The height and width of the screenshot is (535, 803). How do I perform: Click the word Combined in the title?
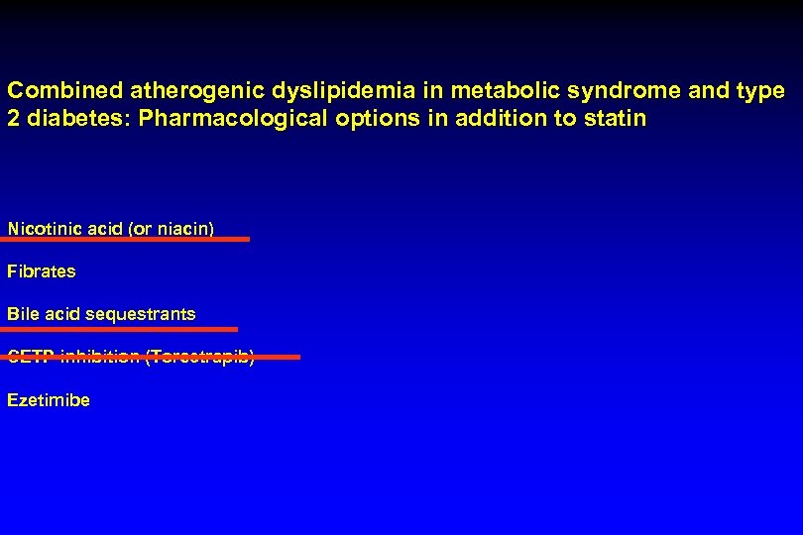pyautogui.click(x=64, y=91)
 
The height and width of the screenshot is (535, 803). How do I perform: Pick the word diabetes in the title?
pyautogui.click(x=69, y=120)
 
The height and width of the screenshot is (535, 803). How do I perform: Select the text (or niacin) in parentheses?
pyautogui.click(x=171, y=229)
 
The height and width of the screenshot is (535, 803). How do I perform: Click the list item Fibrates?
pyautogui.click(x=41, y=270)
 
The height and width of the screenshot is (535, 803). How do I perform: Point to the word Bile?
pyautogui.click(x=23, y=314)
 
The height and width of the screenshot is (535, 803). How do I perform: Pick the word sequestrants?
pyautogui.click(x=141, y=314)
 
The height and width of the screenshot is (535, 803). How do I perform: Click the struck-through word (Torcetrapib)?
pyautogui.click(x=199, y=358)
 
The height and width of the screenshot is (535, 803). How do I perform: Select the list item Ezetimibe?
pyautogui.click(x=49, y=400)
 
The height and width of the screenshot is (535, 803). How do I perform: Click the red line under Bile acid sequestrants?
pyautogui.click(x=122, y=328)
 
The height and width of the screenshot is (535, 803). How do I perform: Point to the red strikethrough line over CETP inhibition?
pyautogui.click(x=153, y=357)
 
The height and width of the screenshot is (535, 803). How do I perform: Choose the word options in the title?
pyautogui.click(x=361, y=120)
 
